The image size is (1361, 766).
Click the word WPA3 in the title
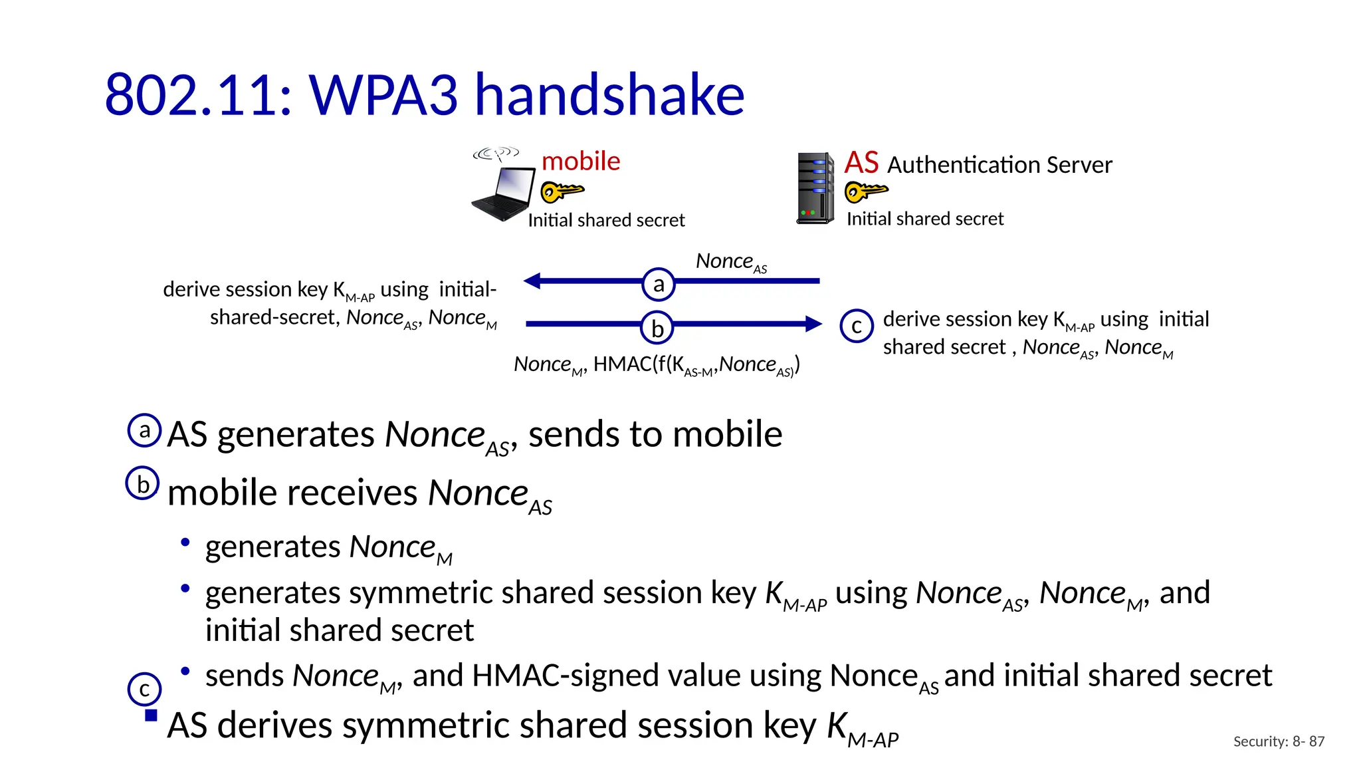tap(383, 94)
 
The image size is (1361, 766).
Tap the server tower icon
tap(815, 189)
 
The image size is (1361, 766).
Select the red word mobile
tap(580, 162)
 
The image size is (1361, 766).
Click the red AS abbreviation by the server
tap(861, 163)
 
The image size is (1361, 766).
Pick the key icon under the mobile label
tap(562, 191)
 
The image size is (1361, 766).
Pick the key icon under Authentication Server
tap(865, 191)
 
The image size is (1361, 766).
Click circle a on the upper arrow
tap(659, 284)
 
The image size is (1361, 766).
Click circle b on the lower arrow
tap(657, 328)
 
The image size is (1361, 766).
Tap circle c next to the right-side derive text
tap(857, 326)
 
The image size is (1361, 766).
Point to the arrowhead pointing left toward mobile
tap(532, 281)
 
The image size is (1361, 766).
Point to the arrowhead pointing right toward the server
tap(813, 324)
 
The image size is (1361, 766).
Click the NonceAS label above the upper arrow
tap(730, 262)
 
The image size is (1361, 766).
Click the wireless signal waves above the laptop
tap(496, 154)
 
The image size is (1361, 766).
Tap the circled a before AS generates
tap(144, 430)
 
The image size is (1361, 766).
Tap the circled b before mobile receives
tap(143, 483)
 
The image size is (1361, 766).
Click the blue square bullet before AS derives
tap(151, 715)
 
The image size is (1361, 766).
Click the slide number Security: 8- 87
tap(1278, 741)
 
